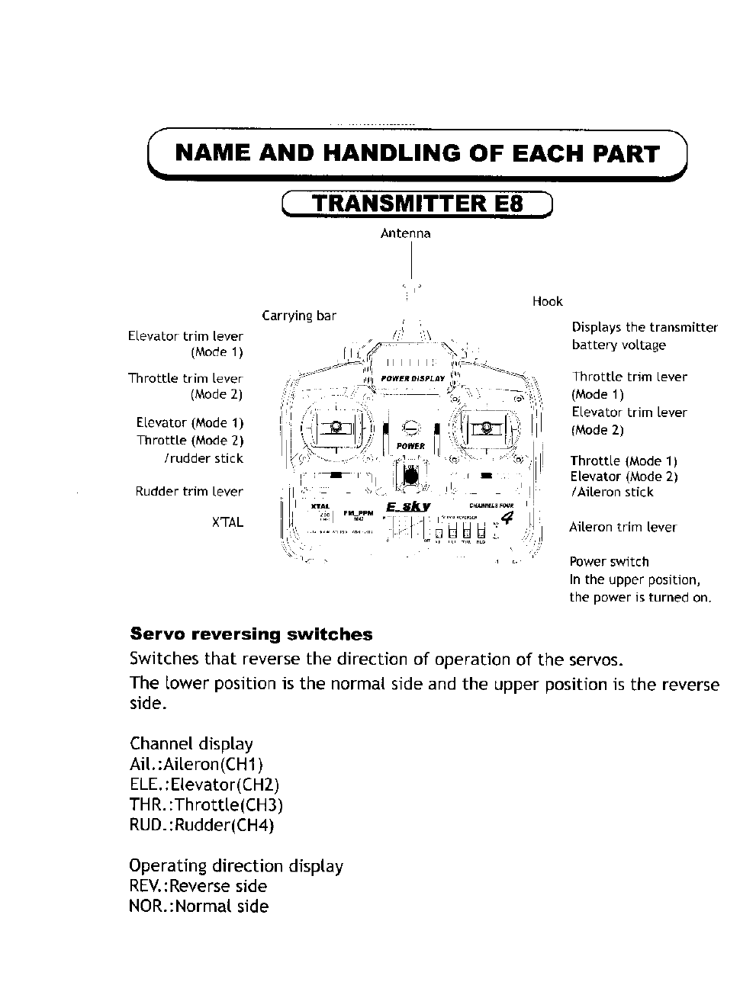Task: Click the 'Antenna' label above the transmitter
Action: [x=405, y=233]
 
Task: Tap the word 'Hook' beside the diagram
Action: [x=547, y=301]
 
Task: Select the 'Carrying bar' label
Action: [x=298, y=316]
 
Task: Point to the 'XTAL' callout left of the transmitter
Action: [x=227, y=522]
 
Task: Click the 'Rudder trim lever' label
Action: [x=189, y=492]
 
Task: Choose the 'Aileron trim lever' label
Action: [x=622, y=527]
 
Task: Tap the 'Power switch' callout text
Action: [x=609, y=562]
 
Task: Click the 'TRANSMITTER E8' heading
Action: [x=417, y=204]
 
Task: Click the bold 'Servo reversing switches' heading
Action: [x=251, y=634]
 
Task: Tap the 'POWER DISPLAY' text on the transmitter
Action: [x=412, y=379]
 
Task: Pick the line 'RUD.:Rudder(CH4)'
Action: [x=201, y=825]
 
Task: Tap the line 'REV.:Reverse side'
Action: [x=198, y=886]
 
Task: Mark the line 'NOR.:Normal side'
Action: [x=198, y=907]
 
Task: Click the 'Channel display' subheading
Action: [x=191, y=743]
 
